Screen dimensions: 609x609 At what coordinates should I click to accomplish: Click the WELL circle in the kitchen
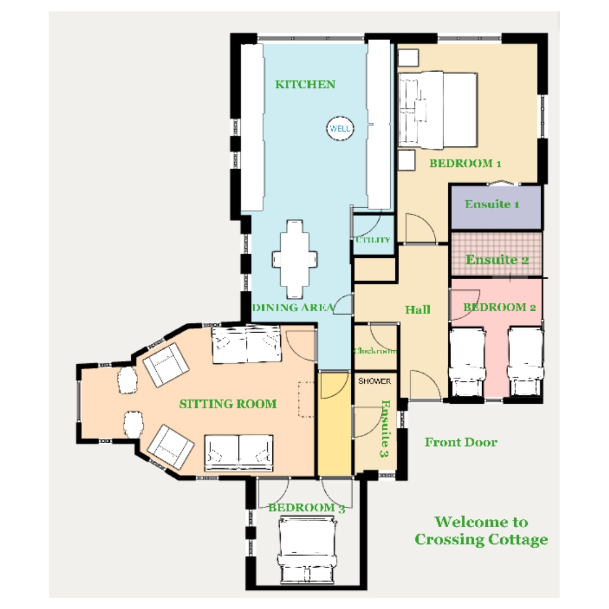pos(340,129)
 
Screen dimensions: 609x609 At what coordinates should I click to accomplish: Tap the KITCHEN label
pos(305,84)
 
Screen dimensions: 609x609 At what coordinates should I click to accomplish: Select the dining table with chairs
pos(295,259)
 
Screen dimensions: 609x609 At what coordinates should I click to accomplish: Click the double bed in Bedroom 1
pos(438,110)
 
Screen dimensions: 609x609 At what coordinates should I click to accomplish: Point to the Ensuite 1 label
pos(492,204)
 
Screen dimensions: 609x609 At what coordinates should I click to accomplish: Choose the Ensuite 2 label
pos(497,259)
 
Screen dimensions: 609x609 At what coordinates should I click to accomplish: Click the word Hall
pos(417,310)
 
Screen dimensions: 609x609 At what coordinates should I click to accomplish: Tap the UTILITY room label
pos(373,240)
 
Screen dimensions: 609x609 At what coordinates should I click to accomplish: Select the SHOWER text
pos(374,381)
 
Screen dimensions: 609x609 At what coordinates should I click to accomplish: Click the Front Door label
pos(461,442)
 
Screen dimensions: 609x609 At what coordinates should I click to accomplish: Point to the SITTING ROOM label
pos(228,404)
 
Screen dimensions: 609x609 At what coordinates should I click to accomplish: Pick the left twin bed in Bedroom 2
pos(467,362)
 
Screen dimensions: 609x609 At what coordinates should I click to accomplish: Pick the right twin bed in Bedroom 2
pos(526,362)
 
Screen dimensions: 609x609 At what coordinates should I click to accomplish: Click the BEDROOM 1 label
pos(465,163)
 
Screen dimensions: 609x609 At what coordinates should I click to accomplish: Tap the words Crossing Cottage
pos(481,540)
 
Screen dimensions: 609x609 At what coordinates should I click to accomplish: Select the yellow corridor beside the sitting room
pos(335,423)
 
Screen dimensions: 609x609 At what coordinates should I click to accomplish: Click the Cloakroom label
pos(375,351)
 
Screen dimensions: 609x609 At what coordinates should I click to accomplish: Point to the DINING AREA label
pos(293,308)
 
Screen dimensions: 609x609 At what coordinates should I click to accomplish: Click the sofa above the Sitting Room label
pos(246,345)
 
